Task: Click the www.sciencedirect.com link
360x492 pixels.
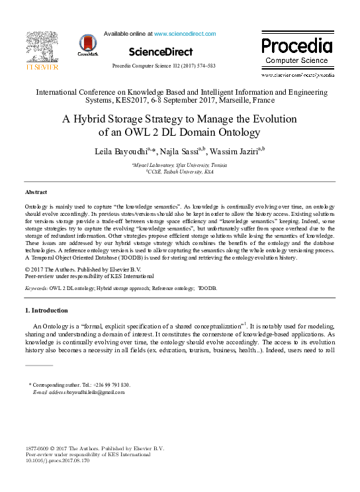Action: (x=185, y=33)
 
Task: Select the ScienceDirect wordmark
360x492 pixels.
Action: (x=161, y=52)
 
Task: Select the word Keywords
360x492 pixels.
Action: (x=36, y=289)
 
